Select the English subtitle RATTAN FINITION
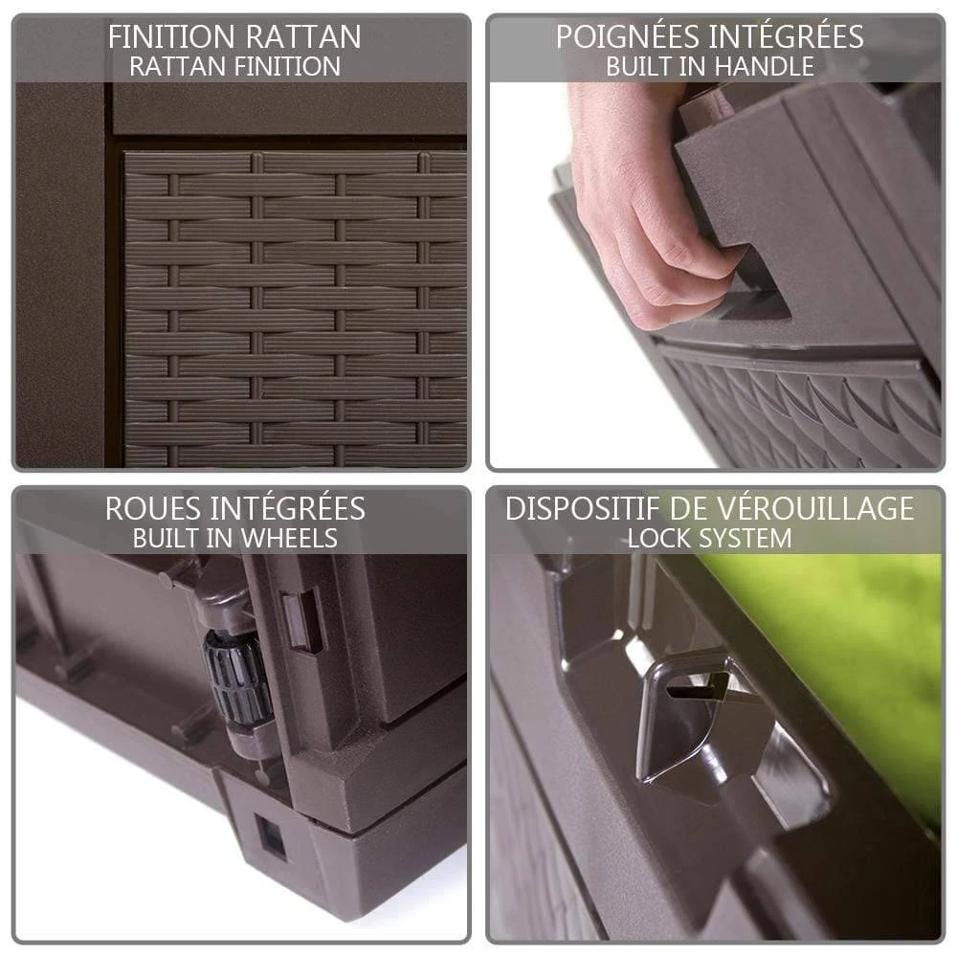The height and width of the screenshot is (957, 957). [x=235, y=67]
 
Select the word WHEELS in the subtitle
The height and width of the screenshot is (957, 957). [x=289, y=538]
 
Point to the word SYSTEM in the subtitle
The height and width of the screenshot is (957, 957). [x=746, y=538]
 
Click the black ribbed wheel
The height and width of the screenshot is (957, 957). [x=238, y=677]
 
